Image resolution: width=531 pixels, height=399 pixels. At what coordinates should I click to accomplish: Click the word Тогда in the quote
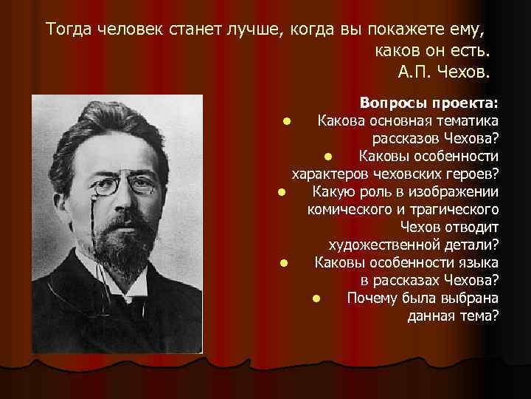pyautogui.click(x=66, y=30)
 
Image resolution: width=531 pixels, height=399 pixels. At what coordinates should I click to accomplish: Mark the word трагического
pyautogui.click(x=457, y=209)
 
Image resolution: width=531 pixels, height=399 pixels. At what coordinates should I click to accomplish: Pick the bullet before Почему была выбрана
pyautogui.click(x=315, y=299)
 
